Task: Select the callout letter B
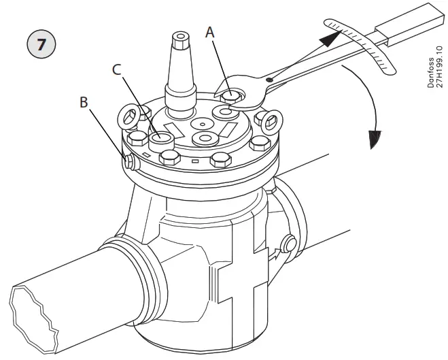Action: pos(84,101)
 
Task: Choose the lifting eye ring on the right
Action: pos(269,121)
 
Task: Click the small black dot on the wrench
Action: pos(269,80)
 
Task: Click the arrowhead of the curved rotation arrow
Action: pos(372,140)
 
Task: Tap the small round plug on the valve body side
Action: pos(290,244)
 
